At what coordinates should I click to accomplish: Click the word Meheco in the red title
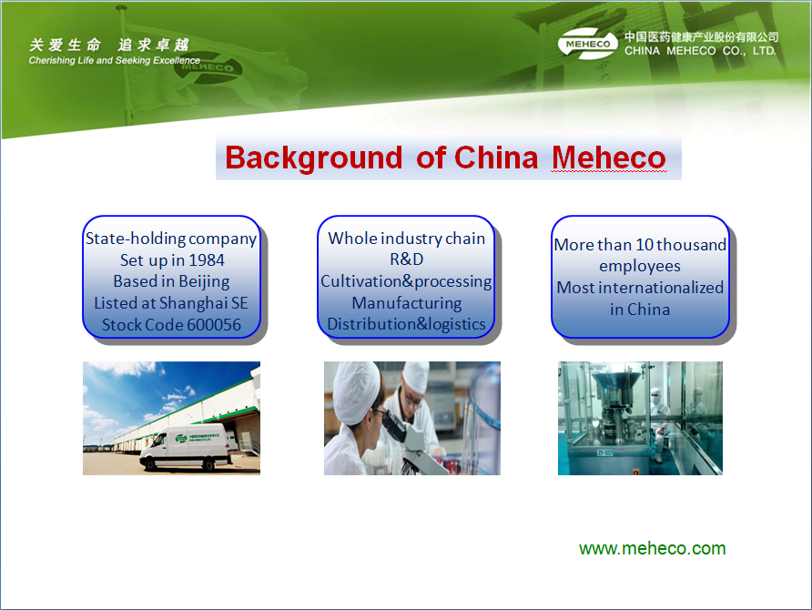[609, 158]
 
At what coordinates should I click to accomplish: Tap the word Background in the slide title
[313, 158]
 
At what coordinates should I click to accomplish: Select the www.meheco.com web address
[652, 548]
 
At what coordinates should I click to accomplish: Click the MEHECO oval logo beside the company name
[588, 44]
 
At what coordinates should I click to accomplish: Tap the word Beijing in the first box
[204, 282]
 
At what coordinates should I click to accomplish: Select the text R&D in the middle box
[407, 259]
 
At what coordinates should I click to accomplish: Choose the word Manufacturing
[407, 303]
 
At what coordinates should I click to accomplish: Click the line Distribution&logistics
[407, 324]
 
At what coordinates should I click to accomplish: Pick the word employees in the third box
[640, 267]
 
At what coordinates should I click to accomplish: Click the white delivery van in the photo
[186, 447]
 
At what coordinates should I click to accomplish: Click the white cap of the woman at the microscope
[356, 391]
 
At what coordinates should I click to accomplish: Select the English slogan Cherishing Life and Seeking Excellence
[115, 61]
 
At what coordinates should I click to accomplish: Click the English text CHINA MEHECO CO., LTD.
[700, 51]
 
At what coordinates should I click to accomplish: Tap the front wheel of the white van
[151, 464]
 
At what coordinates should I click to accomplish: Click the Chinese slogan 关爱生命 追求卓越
[109, 45]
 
